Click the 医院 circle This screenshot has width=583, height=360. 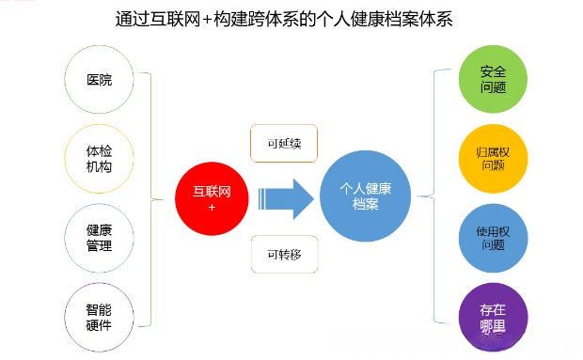pyautogui.click(x=98, y=80)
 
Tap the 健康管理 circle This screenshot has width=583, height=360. pyautogui.click(x=98, y=237)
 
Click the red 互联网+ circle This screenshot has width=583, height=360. pyautogui.click(x=211, y=197)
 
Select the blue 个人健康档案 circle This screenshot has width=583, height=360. pyautogui.click(x=365, y=196)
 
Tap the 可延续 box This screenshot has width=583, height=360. pyautogui.click(x=283, y=144)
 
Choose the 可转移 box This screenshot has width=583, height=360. pyautogui.click(x=283, y=254)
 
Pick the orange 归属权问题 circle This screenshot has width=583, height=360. pyautogui.click(x=492, y=157)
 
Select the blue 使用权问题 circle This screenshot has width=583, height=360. pyautogui.click(x=492, y=237)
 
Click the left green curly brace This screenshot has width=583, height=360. pyautogui.click(x=153, y=197)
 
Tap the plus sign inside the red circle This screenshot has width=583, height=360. pyautogui.click(x=212, y=206)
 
